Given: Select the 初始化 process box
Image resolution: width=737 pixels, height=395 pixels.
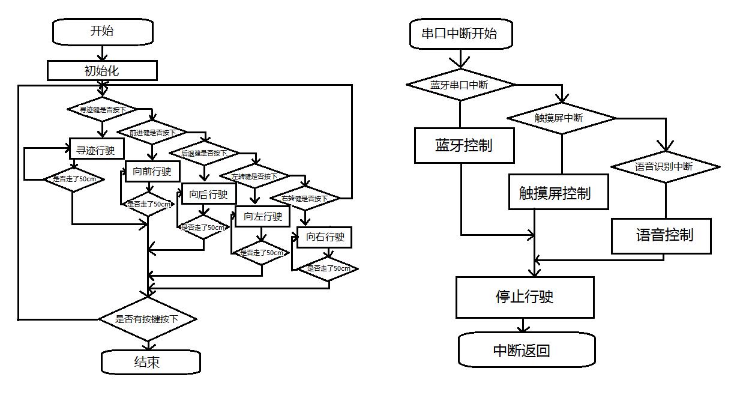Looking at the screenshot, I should (x=102, y=71).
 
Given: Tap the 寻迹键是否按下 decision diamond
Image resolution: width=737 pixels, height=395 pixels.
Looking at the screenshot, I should (x=102, y=110).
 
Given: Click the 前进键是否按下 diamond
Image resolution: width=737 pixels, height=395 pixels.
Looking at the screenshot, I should (x=152, y=132).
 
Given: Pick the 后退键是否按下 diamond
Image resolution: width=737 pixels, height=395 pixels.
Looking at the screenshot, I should (x=204, y=153).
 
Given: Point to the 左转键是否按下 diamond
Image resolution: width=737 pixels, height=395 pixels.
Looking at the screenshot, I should (x=254, y=176).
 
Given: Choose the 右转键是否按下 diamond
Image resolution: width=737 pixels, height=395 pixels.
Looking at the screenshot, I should (x=305, y=198).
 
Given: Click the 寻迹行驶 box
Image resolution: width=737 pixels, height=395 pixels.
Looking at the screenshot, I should (x=96, y=150).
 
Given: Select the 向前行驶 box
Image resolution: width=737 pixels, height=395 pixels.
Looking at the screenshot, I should (x=152, y=172).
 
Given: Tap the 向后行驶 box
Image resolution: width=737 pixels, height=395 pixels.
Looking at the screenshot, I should (x=208, y=194).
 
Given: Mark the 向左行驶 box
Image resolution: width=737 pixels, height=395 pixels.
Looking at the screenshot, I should (x=262, y=217).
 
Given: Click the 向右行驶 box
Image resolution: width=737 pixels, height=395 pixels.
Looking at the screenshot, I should (x=325, y=237).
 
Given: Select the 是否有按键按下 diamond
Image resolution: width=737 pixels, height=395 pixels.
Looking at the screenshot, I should (x=147, y=319).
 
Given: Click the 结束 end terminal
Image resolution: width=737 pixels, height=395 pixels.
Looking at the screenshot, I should (x=150, y=362).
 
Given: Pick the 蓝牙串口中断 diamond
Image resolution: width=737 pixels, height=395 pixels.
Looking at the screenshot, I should (x=460, y=85).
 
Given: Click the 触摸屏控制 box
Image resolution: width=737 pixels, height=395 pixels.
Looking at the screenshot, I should (x=559, y=193).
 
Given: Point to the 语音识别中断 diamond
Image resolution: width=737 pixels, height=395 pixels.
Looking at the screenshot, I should (x=664, y=166).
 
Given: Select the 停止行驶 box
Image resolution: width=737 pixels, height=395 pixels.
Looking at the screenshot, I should (x=525, y=297).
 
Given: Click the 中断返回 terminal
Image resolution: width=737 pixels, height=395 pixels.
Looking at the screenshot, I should (x=526, y=350).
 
